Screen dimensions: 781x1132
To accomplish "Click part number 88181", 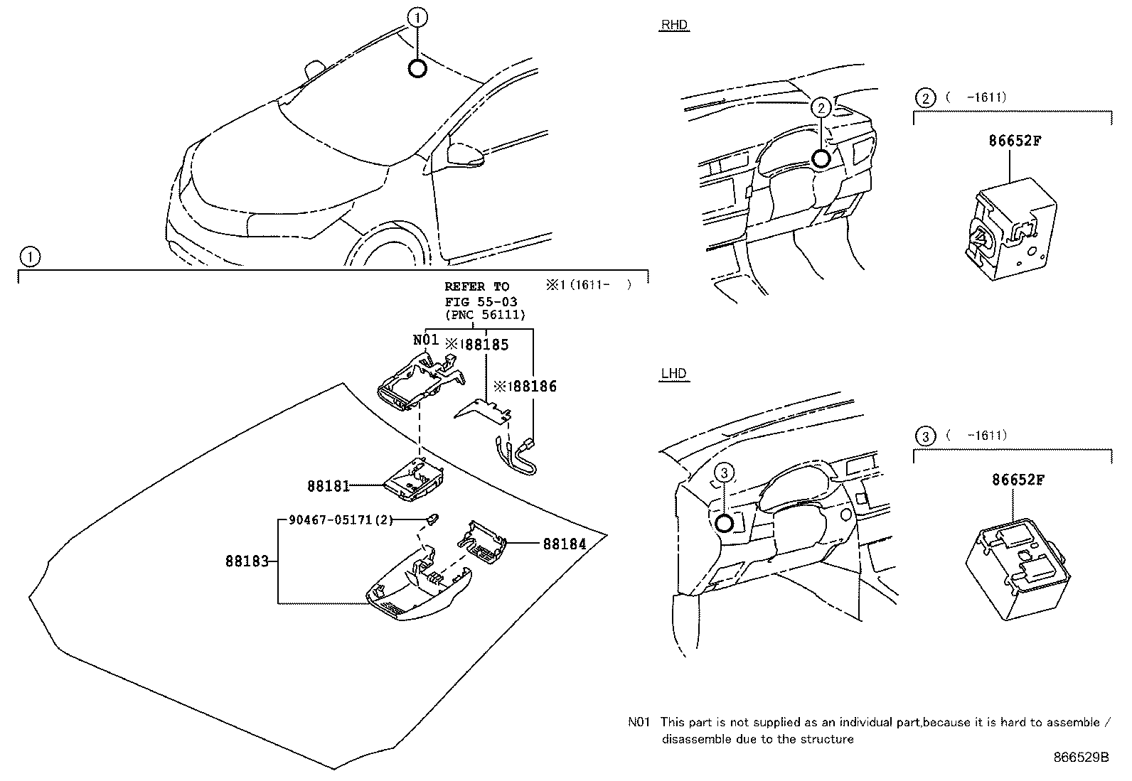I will coord(328,486).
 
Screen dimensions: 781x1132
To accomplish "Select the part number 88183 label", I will coord(247,561).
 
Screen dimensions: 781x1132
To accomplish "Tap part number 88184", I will coord(565,544).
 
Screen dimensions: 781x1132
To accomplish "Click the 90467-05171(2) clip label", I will coord(341,520).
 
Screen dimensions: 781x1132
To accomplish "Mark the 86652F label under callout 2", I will coord(1015,141).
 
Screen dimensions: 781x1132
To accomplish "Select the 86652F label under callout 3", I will coord(1018,480).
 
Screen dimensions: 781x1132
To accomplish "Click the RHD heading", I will coord(674,26).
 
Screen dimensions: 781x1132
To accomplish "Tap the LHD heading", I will coord(673,374).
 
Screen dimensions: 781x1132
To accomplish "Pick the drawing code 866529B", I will coord(1081,758).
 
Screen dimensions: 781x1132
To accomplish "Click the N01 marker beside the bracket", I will coord(426,340).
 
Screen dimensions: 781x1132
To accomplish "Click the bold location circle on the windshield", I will coord(417,68).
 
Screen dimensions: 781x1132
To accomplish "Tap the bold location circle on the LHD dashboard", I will coord(724,524).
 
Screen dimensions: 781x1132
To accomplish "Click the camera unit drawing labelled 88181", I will coord(415,476).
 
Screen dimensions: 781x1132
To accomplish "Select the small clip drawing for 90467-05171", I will coord(432,519).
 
